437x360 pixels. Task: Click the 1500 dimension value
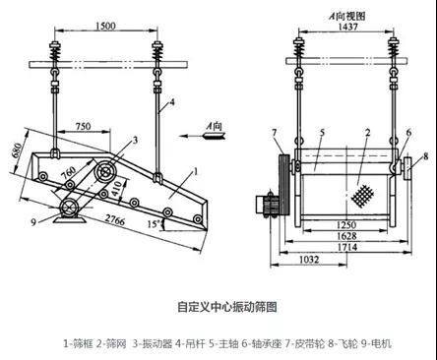[105, 26]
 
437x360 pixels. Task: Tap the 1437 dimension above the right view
[348, 27]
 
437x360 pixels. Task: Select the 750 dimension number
[84, 126]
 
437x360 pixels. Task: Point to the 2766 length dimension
[114, 220]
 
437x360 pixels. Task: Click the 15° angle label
[154, 224]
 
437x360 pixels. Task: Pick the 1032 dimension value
[309, 260]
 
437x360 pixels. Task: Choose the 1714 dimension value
[347, 247]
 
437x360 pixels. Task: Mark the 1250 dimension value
[346, 225]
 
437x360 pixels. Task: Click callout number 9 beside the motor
[33, 222]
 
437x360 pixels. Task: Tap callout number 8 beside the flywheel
[425, 155]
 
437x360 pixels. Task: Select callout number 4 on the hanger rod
[172, 102]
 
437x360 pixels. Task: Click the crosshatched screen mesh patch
[362, 196]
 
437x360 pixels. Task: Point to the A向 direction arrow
[203, 136]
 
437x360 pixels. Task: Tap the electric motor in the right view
[267, 205]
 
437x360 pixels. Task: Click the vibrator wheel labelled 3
[105, 172]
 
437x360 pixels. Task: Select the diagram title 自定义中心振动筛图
[227, 307]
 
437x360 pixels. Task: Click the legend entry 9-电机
[376, 343]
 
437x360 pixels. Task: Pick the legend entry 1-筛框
[78, 343]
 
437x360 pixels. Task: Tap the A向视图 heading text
[347, 16]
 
